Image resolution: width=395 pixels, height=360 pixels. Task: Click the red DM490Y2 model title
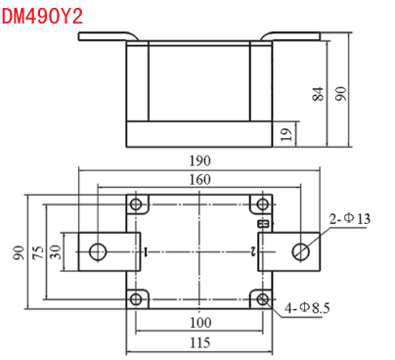(x=42, y=17)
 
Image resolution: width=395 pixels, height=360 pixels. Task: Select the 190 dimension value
(x=199, y=160)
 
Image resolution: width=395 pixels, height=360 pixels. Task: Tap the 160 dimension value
(x=199, y=179)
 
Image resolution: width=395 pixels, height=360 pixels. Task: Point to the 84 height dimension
(x=319, y=94)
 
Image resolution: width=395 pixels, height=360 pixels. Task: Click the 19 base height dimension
(x=286, y=134)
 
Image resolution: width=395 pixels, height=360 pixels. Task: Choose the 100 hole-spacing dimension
(x=200, y=323)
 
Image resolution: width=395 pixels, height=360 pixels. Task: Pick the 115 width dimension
(x=199, y=342)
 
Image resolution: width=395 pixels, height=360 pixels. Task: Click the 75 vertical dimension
(x=38, y=252)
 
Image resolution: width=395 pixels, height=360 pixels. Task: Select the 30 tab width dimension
(x=56, y=252)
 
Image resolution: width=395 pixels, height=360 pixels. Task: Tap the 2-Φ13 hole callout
(x=350, y=219)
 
